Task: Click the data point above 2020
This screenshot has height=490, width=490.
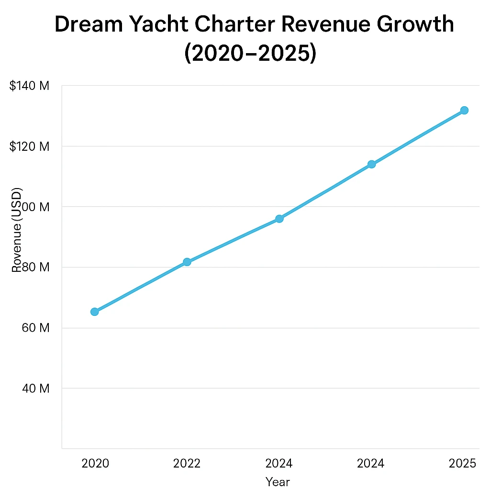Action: [x=95, y=312]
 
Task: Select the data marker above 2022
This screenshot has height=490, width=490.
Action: [x=187, y=262]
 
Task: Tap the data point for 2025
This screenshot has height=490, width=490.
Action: [x=464, y=111]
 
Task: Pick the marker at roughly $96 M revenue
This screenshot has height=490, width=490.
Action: [x=279, y=219]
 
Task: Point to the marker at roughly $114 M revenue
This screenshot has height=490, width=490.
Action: [x=371, y=164]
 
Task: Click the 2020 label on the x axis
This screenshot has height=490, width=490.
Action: [x=95, y=463]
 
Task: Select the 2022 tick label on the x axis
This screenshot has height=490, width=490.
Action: [x=187, y=463]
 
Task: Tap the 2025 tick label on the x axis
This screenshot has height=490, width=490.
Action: [x=463, y=463]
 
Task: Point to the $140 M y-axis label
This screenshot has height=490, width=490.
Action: [x=29, y=86]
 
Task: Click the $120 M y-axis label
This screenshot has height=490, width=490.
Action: [x=29, y=146]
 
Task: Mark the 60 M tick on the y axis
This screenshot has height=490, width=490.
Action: [x=36, y=328]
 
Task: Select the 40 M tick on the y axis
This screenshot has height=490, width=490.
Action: [x=36, y=388]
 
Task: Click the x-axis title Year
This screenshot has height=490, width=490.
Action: [x=278, y=481]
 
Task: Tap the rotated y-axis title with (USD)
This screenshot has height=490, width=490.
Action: [x=17, y=230]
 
